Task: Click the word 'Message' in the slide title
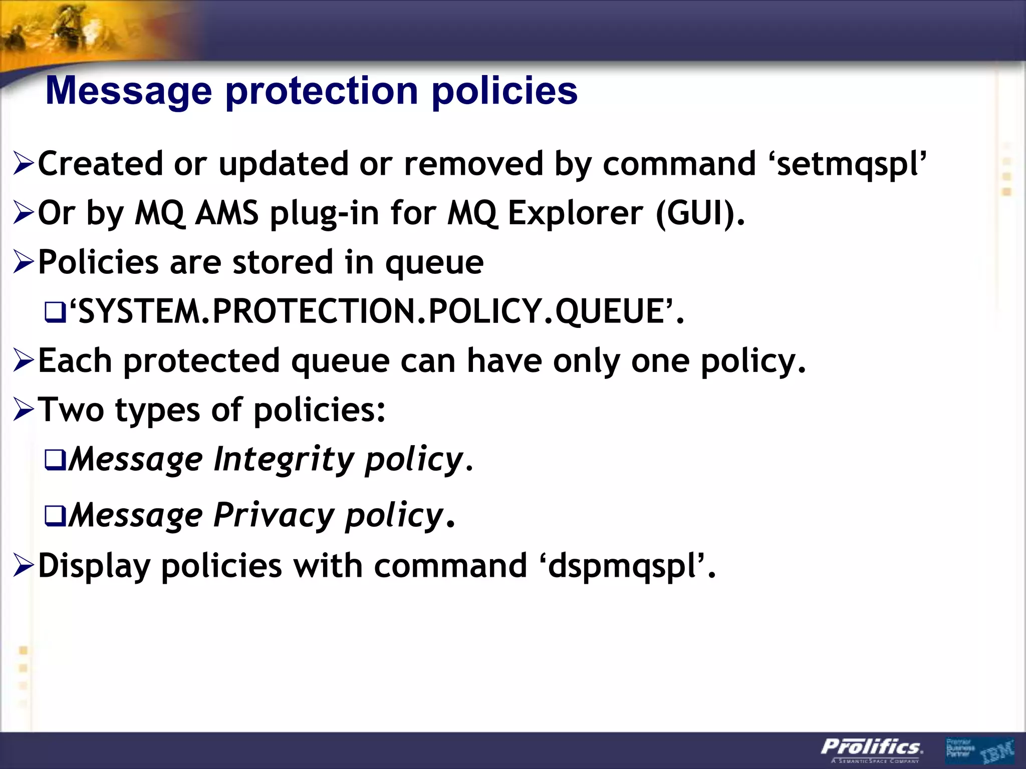pyautogui.click(x=129, y=92)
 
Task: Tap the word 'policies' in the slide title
pyautogui.click(x=504, y=92)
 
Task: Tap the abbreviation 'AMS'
pyautogui.click(x=226, y=213)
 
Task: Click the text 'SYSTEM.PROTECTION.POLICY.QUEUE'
pyautogui.click(x=371, y=311)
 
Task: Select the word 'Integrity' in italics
pyautogui.click(x=284, y=459)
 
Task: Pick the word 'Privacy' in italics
pyautogui.click(x=274, y=515)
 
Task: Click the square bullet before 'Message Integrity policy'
pyautogui.click(x=55, y=461)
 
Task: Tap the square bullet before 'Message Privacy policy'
pyautogui.click(x=55, y=516)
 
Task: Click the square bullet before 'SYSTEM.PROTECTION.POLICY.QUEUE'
pyautogui.click(x=55, y=313)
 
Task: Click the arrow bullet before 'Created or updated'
pyautogui.click(x=24, y=164)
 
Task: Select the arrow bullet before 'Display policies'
pyautogui.click(x=24, y=566)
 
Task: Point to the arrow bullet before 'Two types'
pyautogui.click(x=24, y=410)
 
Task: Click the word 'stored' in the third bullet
pyautogui.click(x=283, y=262)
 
